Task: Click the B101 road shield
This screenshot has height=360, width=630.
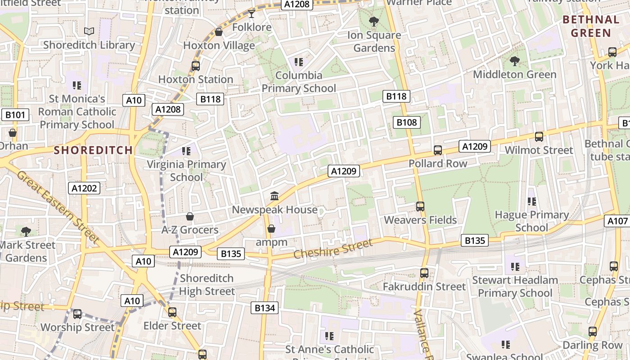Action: [x=15, y=115]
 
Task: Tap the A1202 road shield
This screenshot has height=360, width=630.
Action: [x=84, y=188]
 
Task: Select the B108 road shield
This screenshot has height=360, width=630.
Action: [x=406, y=122]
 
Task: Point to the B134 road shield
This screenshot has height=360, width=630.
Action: [x=264, y=308]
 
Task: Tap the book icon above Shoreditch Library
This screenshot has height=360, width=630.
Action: [x=89, y=31]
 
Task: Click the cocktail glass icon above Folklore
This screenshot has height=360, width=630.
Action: [x=252, y=14]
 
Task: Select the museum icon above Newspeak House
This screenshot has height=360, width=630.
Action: [x=274, y=196]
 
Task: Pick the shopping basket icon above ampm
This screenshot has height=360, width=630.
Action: [x=271, y=229]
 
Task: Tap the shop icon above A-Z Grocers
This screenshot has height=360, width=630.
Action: [x=190, y=216]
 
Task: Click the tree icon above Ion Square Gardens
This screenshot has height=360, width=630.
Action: [x=373, y=21]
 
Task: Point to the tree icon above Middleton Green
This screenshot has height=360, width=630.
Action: [x=515, y=61]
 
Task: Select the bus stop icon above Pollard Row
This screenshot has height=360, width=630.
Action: [x=437, y=150]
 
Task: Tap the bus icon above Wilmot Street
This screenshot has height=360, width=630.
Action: [x=539, y=136]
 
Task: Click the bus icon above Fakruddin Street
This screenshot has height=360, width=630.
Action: [x=424, y=273]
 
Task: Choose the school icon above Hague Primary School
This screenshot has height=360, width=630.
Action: [x=531, y=201]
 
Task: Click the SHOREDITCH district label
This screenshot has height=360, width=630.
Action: [x=94, y=150]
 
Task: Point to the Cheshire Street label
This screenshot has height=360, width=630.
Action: [x=333, y=249]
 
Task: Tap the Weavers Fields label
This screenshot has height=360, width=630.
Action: [x=420, y=220]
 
